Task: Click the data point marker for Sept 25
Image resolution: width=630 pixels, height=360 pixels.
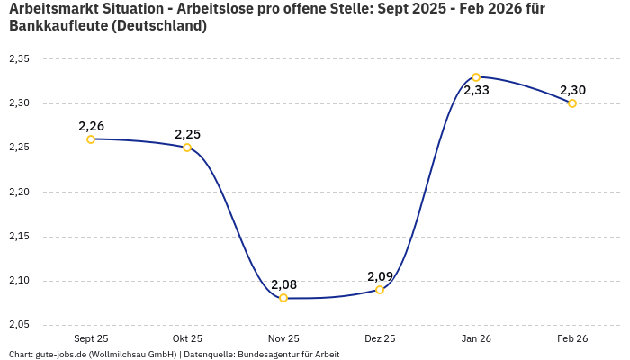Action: (91, 139)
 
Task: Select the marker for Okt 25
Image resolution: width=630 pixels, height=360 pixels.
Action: (187, 148)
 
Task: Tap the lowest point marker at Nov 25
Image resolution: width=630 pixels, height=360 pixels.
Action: (283, 298)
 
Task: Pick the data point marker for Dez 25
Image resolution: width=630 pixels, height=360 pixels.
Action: (380, 290)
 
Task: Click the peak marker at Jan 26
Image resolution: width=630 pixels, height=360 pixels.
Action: (476, 77)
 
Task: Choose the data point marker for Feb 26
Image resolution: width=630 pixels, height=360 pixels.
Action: (572, 103)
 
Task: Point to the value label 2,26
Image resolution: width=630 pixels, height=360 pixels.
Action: (91, 126)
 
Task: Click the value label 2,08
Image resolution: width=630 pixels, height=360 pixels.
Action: (283, 284)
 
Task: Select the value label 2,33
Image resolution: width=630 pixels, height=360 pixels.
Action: (476, 91)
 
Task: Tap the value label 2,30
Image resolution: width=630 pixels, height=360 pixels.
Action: (572, 90)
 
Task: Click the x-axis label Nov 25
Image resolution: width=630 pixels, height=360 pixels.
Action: (283, 339)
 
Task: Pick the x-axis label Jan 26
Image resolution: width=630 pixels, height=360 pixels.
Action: (476, 339)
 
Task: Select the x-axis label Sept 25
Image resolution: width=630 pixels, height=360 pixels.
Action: (91, 339)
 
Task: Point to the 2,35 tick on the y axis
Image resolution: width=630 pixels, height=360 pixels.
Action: (19, 59)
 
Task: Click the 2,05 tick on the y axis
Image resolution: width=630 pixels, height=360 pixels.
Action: (19, 325)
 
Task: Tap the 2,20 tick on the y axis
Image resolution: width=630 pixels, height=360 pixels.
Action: (19, 193)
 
